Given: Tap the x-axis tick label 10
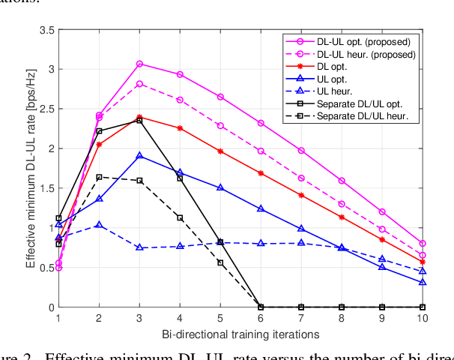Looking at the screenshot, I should coord(422,318).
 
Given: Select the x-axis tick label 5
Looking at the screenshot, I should coord(220,318).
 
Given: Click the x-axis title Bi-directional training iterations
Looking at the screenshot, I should coord(240,332).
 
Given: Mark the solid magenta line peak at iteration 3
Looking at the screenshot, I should coord(139,64).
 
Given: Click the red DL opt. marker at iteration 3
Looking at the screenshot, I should coord(139,117).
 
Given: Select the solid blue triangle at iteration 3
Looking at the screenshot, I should coord(139,156).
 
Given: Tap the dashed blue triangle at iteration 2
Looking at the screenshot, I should coord(99,225).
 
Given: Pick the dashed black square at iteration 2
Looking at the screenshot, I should coord(99,177).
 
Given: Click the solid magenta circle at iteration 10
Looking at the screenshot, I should coord(422,244).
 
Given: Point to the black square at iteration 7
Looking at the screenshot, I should coord(301,307).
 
